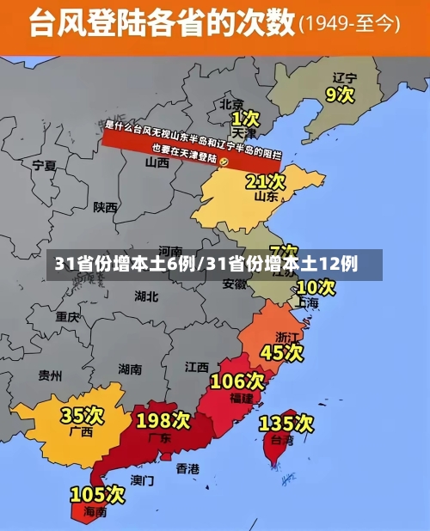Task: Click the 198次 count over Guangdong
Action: click(163, 420)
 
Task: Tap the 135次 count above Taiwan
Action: click(286, 423)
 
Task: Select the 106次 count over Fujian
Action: click(237, 380)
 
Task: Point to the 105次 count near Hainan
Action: click(97, 494)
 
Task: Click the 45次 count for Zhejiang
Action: click(282, 351)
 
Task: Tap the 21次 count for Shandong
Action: click(265, 181)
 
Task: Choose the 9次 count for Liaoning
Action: click(341, 93)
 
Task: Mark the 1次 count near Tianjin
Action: click(245, 116)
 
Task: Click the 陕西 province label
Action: click(106, 207)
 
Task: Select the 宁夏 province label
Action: click(44, 165)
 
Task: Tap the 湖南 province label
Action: click(130, 369)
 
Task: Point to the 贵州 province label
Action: click(50, 375)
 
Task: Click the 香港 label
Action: click(187, 469)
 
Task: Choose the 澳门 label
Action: click(142, 479)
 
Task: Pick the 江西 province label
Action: click(196, 367)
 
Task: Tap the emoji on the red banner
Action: click(224, 162)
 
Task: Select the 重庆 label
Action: click(67, 317)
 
